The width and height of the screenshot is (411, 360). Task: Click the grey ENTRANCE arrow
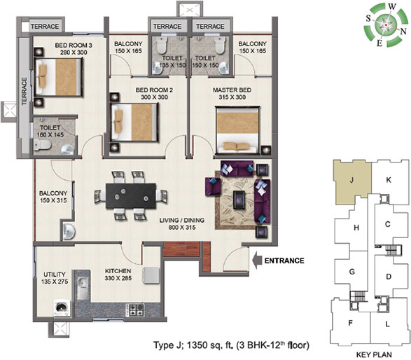tap(257, 261)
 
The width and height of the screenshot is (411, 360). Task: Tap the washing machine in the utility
tap(62, 308)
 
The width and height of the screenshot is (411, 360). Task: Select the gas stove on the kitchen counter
tap(135, 310)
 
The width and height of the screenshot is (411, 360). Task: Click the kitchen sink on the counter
tap(83, 289)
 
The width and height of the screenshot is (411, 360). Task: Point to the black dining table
tap(131, 196)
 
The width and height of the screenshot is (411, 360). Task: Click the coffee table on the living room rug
tap(239, 200)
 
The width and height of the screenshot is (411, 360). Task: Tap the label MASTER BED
tap(232, 90)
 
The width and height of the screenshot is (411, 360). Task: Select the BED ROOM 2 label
tap(154, 90)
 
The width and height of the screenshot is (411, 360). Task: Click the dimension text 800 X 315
tap(182, 228)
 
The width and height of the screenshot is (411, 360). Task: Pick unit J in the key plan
tap(351, 180)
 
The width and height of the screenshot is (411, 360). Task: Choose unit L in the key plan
tap(388, 324)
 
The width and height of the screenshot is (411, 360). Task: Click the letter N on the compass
tap(403, 32)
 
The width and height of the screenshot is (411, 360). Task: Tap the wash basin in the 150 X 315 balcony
tap(69, 232)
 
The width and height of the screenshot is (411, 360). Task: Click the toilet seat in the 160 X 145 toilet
tap(42, 145)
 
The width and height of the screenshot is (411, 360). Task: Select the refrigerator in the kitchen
tap(151, 275)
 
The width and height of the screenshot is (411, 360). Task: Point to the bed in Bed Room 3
tap(58, 77)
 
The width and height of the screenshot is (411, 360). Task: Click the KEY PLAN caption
tap(374, 355)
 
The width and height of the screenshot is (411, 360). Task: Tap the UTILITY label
tap(55, 275)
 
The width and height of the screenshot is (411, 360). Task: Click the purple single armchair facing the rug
tap(213, 186)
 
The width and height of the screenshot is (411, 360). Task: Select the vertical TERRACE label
tap(25, 91)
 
